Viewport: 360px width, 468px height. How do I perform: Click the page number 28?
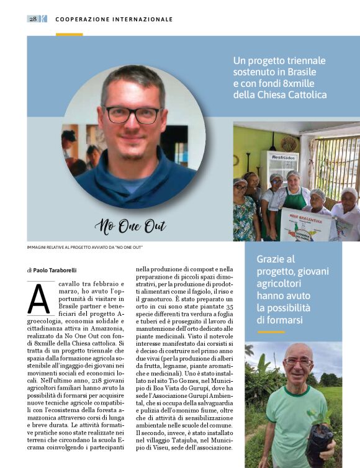(x=32, y=19)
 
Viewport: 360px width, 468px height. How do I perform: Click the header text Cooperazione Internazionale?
(x=114, y=19)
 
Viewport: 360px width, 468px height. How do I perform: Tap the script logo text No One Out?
(x=130, y=226)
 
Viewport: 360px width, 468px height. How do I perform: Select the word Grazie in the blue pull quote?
(x=270, y=259)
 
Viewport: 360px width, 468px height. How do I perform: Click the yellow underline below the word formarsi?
(x=271, y=332)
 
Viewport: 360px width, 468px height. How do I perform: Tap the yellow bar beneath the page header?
(x=69, y=34)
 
